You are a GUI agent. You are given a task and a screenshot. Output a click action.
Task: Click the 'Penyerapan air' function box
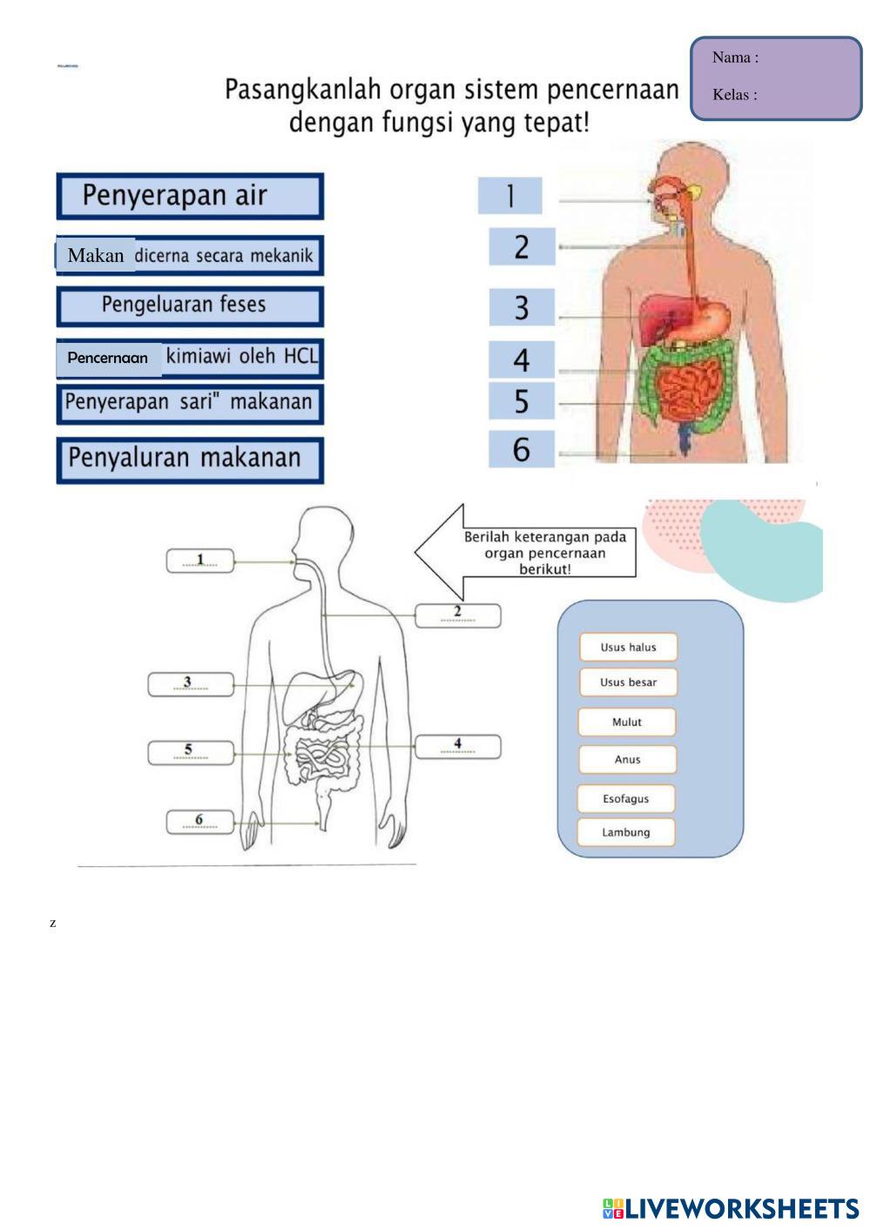click(x=190, y=196)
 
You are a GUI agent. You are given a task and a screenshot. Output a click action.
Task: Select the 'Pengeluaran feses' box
click(x=190, y=306)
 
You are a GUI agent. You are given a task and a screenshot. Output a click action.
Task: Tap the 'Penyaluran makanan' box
click(x=190, y=459)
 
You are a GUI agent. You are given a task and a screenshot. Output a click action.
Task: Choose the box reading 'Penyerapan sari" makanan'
click(x=190, y=403)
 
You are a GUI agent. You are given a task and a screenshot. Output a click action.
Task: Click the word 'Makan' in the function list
click(x=96, y=255)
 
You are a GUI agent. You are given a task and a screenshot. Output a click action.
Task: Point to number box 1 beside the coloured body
click(x=509, y=196)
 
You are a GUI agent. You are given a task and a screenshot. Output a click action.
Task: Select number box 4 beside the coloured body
click(x=521, y=360)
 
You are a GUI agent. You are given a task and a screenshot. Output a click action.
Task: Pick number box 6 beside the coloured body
click(x=521, y=449)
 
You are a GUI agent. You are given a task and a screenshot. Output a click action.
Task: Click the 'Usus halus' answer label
click(x=628, y=647)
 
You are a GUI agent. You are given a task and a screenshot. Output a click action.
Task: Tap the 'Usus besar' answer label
click(x=628, y=682)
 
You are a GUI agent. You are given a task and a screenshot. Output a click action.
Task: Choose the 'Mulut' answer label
click(x=627, y=722)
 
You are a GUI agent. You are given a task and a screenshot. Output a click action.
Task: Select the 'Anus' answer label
click(x=627, y=759)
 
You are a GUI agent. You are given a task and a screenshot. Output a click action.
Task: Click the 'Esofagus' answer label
click(x=626, y=798)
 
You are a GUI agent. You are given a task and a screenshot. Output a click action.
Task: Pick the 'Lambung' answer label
click(x=626, y=832)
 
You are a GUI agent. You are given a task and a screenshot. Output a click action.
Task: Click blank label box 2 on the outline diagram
click(x=458, y=615)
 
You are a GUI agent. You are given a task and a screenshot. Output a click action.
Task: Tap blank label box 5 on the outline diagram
click(x=191, y=753)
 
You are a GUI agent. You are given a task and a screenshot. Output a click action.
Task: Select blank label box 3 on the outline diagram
click(x=191, y=685)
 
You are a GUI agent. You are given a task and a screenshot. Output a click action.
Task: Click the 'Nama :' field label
click(x=735, y=57)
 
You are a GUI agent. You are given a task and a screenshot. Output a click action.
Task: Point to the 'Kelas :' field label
click(x=734, y=95)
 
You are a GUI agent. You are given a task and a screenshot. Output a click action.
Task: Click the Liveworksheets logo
click(x=730, y=1208)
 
